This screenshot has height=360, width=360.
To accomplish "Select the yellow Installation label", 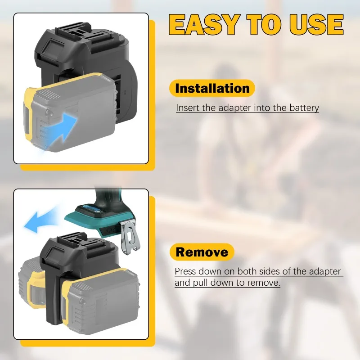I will pyautogui.click(x=212, y=88).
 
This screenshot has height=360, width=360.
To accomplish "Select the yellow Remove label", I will pyautogui.click(x=202, y=252).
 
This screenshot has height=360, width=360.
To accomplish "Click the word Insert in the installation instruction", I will pyautogui.click(x=185, y=108).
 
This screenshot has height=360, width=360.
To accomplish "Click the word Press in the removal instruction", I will pyautogui.click(x=184, y=272).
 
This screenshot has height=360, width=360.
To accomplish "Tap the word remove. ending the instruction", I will pyautogui.click(x=266, y=283).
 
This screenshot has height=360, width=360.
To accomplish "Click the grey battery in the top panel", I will pyautogui.click(x=72, y=112).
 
